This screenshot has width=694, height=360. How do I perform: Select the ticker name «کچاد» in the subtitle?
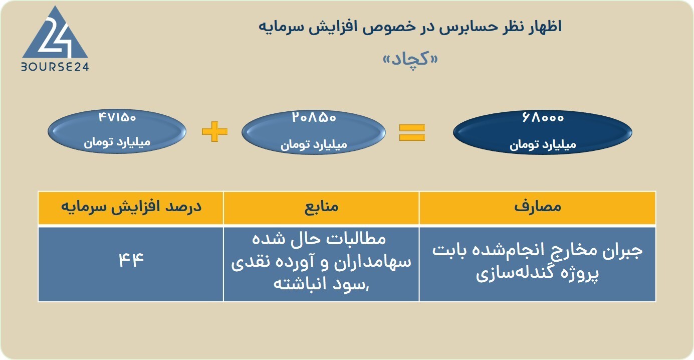(x=410, y=58)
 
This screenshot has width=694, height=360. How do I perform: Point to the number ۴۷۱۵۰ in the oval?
(x=117, y=118)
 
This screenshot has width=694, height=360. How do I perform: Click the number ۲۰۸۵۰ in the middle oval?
(x=314, y=118)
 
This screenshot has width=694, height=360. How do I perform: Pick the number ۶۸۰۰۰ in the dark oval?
(x=542, y=118)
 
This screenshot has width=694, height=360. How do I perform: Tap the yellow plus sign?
(x=214, y=132)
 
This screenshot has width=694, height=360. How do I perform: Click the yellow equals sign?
(x=412, y=132)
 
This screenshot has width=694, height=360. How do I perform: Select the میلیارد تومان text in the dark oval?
(x=543, y=145)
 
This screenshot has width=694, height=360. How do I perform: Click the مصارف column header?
(x=538, y=207)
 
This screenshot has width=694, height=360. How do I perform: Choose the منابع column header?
(x=321, y=207)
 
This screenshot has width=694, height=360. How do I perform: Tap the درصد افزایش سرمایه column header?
(x=131, y=207)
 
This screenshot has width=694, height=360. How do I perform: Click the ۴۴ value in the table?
(x=131, y=260)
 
